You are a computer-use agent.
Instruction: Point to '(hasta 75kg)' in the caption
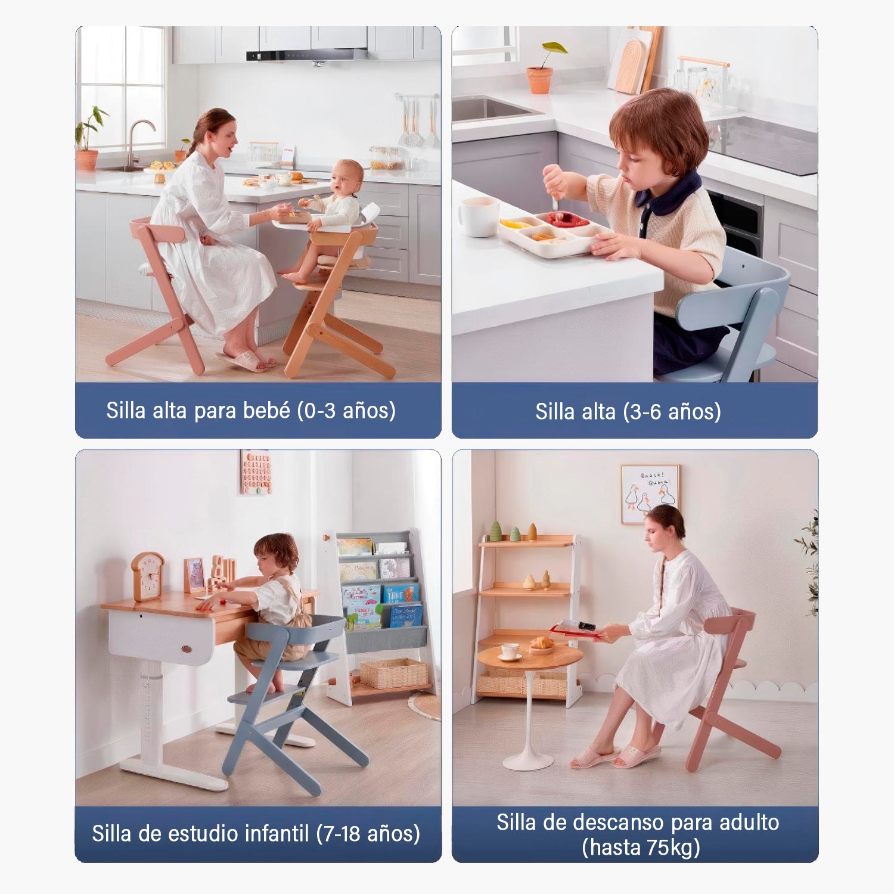641,848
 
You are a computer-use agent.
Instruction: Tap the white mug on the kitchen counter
478,217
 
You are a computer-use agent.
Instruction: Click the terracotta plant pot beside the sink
539,80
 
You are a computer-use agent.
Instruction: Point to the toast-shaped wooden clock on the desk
148,576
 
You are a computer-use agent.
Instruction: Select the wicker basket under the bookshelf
394,673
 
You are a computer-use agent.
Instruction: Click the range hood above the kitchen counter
306,55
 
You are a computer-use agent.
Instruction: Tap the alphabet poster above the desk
256,471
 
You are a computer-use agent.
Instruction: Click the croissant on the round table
542,643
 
